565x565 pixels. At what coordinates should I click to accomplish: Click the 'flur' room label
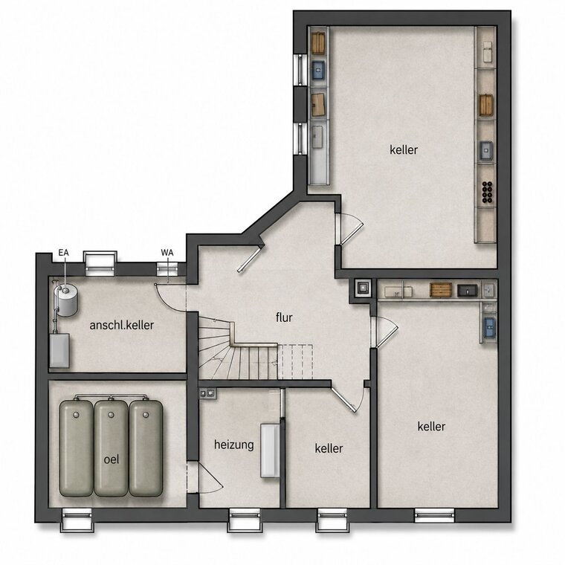pos(284,317)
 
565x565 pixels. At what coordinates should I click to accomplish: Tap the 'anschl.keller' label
pos(122,325)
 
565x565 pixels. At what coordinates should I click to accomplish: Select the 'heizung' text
pos(234,445)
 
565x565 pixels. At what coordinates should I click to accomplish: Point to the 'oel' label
pos(112,459)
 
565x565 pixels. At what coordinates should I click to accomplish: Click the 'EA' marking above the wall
pos(63,253)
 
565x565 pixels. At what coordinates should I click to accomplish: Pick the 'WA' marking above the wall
pos(167,253)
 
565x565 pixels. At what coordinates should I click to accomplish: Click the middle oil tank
pos(111,448)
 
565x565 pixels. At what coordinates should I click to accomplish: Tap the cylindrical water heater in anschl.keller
pos(66,300)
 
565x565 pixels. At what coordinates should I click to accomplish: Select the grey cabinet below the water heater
pos(59,350)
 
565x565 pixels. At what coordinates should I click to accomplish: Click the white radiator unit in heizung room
pos(270,451)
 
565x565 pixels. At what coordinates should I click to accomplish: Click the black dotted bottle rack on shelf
pos(487,191)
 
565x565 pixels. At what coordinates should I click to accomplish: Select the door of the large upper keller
pos(349,228)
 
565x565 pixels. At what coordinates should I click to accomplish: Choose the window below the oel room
pos(77,520)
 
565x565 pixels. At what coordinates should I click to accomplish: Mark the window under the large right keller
pos(434,515)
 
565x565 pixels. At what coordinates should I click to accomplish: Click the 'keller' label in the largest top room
pos(404,149)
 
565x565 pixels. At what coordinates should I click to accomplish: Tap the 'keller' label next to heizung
pos(329,448)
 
